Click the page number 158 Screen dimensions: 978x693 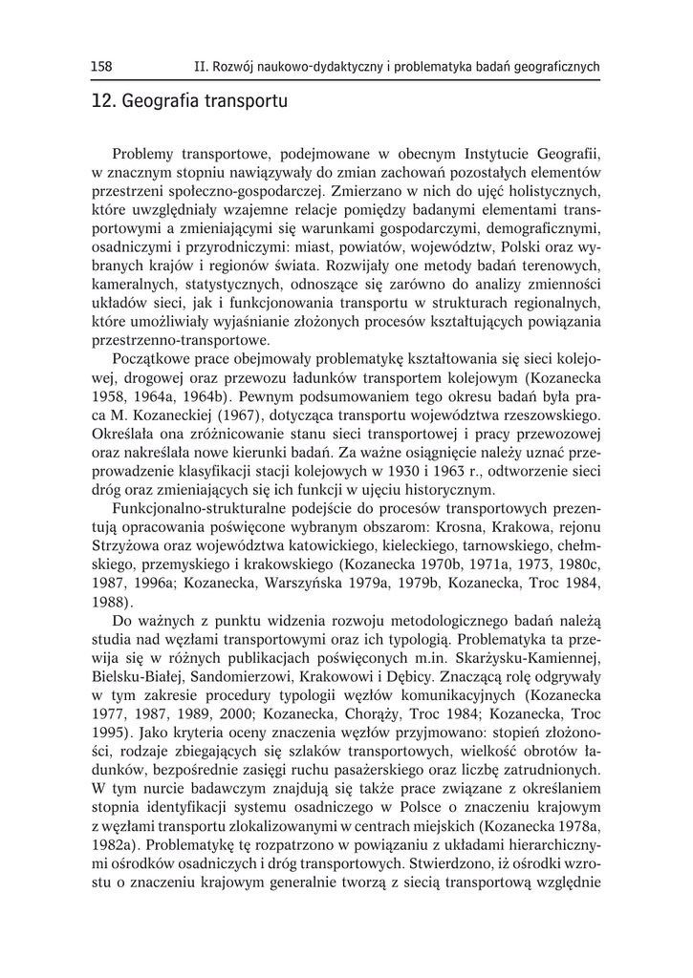tap(101, 66)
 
